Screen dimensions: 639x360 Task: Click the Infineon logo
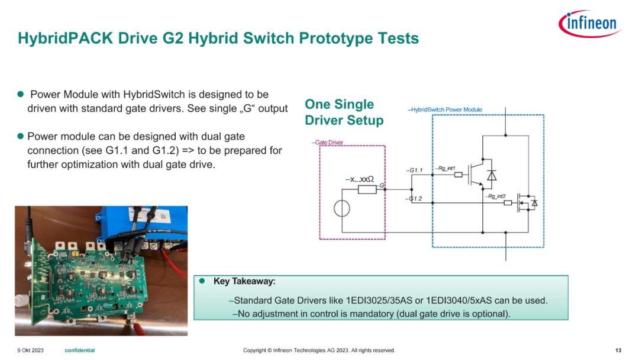(589, 23)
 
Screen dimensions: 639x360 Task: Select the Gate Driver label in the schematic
(329, 142)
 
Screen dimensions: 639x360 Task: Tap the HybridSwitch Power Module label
(446, 110)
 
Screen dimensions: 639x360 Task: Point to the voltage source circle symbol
(341, 209)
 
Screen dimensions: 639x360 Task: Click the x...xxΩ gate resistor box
(367, 189)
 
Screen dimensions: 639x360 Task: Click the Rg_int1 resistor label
(447, 168)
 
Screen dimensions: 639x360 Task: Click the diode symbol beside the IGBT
(492, 175)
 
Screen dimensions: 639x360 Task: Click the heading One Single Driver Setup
(344, 112)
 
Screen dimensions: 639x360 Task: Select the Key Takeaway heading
(244, 281)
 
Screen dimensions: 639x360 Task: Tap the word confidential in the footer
(80, 350)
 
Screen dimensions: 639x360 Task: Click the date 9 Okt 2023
(31, 350)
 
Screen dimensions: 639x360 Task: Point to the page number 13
(618, 350)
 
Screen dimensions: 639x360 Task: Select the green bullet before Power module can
(21, 136)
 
